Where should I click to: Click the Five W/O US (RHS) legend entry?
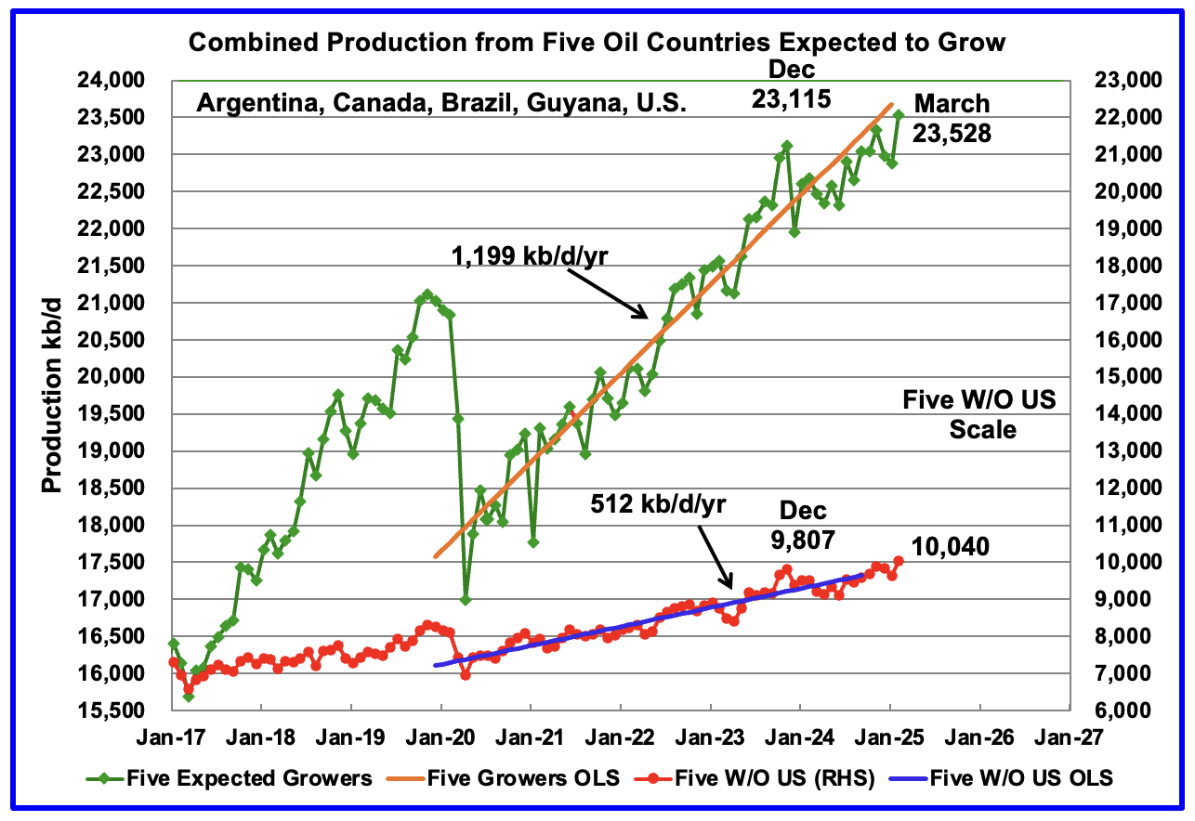click(792, 777)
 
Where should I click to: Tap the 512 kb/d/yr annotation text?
click(659, 505)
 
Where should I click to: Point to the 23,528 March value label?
click(952, 134)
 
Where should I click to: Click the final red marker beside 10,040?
click(899, 560)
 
